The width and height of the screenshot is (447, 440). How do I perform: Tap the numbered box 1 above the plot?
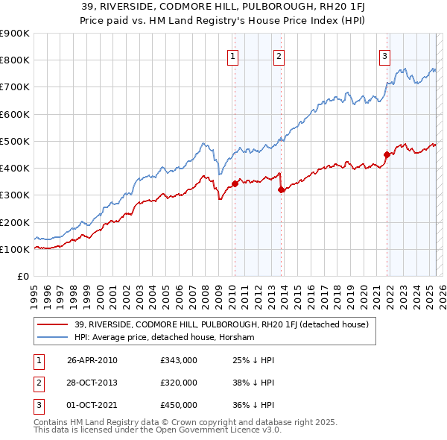tap(233, 55)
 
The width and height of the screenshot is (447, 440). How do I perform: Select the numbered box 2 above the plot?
tap(279, 55)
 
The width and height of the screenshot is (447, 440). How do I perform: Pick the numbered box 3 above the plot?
tap(385, 55)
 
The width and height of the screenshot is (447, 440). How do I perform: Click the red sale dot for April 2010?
tap(235, 183)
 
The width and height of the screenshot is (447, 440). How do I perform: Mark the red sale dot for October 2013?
tap(281, 189)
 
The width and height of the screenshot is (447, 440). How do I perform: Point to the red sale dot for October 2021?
tap(387, 154)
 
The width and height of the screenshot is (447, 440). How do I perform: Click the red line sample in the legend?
tap(54, 324)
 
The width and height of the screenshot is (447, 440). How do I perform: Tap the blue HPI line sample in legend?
tap(54, 337)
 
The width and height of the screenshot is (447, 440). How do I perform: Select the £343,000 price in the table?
tap(179, 360)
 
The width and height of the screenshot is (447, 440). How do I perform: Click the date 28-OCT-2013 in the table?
tap(92, 383)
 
